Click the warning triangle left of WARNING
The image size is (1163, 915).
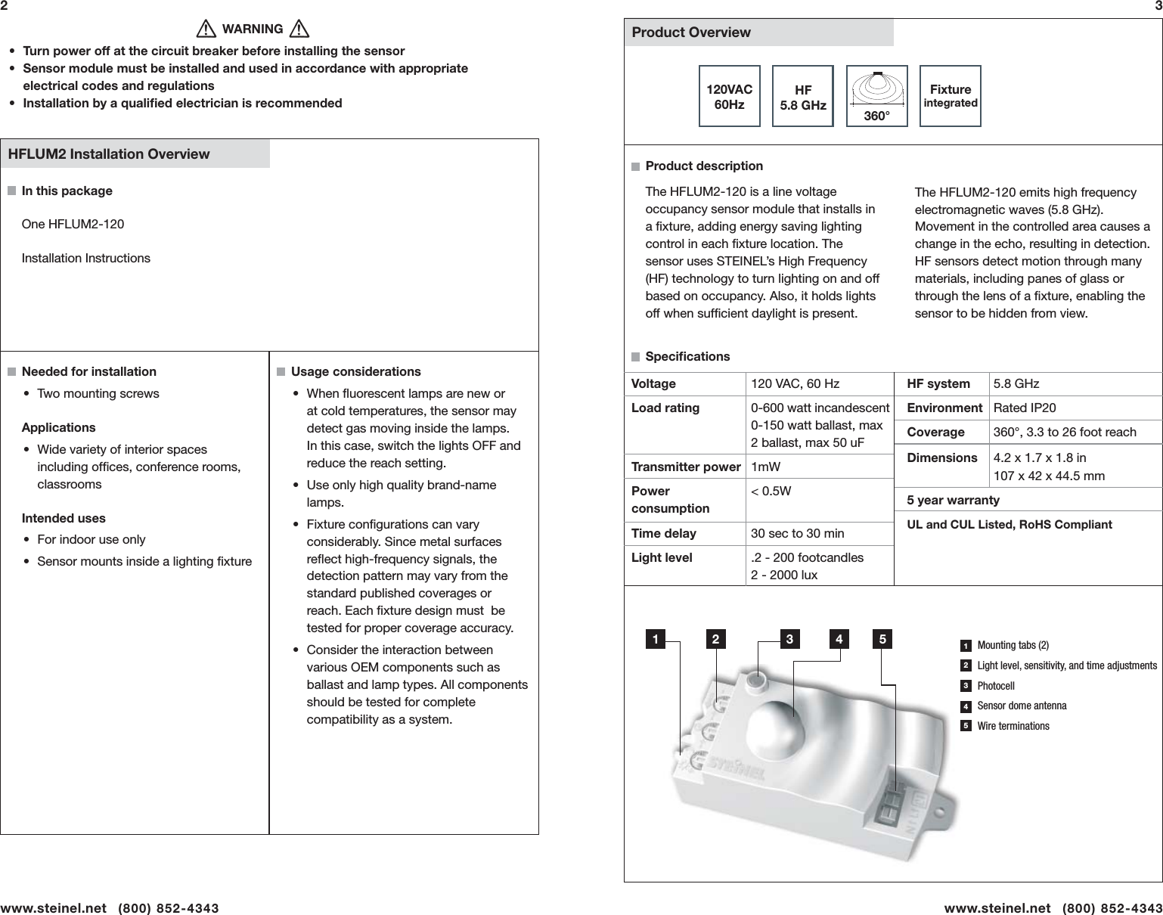click(x=204, y=29)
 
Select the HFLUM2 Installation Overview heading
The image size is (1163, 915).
click(x=108, y=154)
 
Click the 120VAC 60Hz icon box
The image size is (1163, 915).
click(x=729, y=96)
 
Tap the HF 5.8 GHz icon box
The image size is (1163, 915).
click(x=802, y=96)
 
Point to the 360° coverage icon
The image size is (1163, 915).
click(x=876, y=96)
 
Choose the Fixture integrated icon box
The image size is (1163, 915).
click(x=951, y=96)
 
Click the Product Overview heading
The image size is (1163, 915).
click(x=691, y=33)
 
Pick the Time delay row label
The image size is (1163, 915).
click(x=663, y=534)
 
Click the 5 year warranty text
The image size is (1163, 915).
click(x=953, y=501)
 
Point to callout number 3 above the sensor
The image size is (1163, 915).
click(x=789, y=640)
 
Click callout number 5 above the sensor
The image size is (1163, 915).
click(x=882, y=640)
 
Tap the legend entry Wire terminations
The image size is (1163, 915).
click(x=1013, y=727)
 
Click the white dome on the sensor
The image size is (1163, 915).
click(x=776, y=727)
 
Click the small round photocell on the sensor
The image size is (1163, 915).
click(x=754, y=682)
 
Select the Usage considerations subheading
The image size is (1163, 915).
click(x=355, y=372)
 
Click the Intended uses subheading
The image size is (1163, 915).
click(x=64, y=519)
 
